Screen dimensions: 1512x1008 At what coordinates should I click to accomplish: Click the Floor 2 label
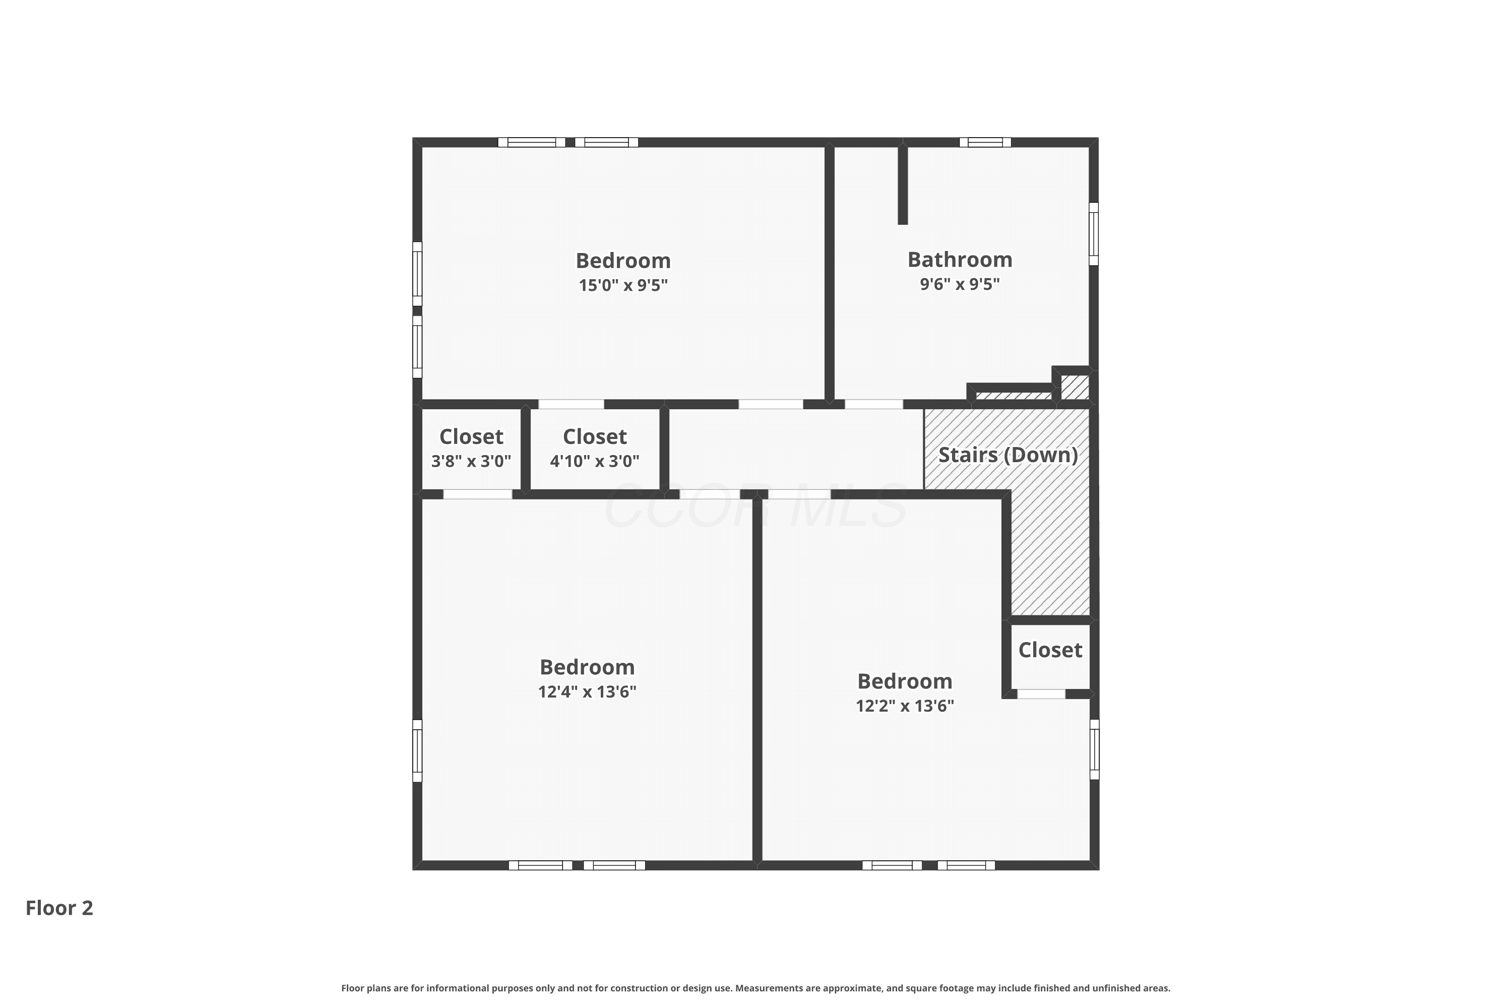pos(59,908)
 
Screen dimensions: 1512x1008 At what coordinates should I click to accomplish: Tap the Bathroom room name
pos(960,259)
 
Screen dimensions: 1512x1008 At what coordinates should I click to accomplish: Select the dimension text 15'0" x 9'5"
pos(623,285)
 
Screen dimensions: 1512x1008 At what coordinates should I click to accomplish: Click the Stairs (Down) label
pos(1007,455)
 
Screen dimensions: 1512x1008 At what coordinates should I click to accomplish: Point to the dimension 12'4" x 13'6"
pos(587,691)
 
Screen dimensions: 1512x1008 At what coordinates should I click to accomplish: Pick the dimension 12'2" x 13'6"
pos(905,705)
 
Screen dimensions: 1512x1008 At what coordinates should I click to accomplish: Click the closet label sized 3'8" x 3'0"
pos(471,436)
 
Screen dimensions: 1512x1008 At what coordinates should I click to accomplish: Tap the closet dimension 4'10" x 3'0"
pos(595,461)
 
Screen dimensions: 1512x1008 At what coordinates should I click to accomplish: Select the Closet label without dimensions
pos(1050,650)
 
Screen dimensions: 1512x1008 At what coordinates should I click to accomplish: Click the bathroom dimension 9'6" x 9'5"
pos(960,283)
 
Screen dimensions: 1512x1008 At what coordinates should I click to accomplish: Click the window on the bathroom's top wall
pos(985,142)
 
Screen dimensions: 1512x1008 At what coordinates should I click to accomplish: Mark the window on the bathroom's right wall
pos(1094,234)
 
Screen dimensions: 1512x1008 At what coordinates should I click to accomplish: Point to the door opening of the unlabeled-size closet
pos(1041,694)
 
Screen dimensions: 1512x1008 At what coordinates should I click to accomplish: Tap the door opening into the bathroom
pos(873,404)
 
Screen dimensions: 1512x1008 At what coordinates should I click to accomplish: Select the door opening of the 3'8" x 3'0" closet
pos(478,494)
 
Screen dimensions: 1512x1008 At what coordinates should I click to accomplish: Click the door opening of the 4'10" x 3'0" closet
pos(571,404)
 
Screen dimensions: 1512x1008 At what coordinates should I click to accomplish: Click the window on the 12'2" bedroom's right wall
pos(1094,749)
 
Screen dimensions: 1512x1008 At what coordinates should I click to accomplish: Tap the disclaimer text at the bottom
pos(756,988)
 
